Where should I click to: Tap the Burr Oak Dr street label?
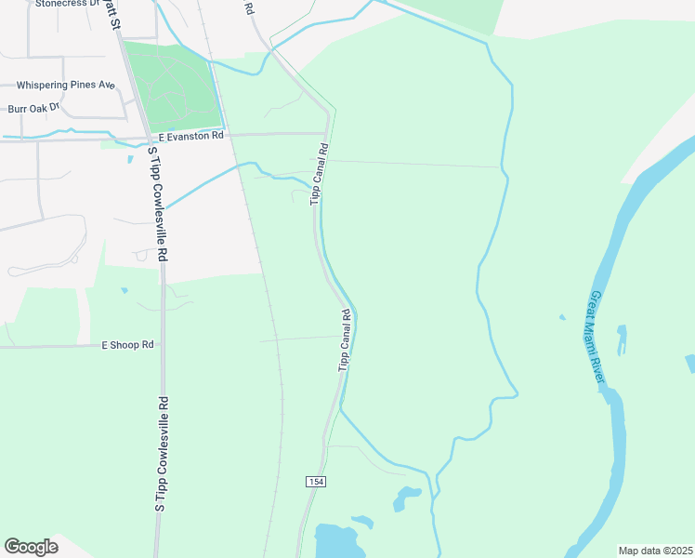pos(33,108)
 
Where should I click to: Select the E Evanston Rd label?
pos(191,136)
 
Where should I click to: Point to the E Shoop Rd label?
pos(127,345)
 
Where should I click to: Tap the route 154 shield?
pos(314,480)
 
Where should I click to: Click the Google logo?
pos(31,547)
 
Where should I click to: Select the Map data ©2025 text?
pos(655,551)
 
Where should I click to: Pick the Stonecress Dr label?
pos(67,4)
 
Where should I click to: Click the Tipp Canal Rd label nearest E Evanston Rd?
pos(319,173)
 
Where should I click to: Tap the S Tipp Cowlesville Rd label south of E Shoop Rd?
pos(162,454)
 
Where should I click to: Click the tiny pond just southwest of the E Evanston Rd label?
pos(131,158)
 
